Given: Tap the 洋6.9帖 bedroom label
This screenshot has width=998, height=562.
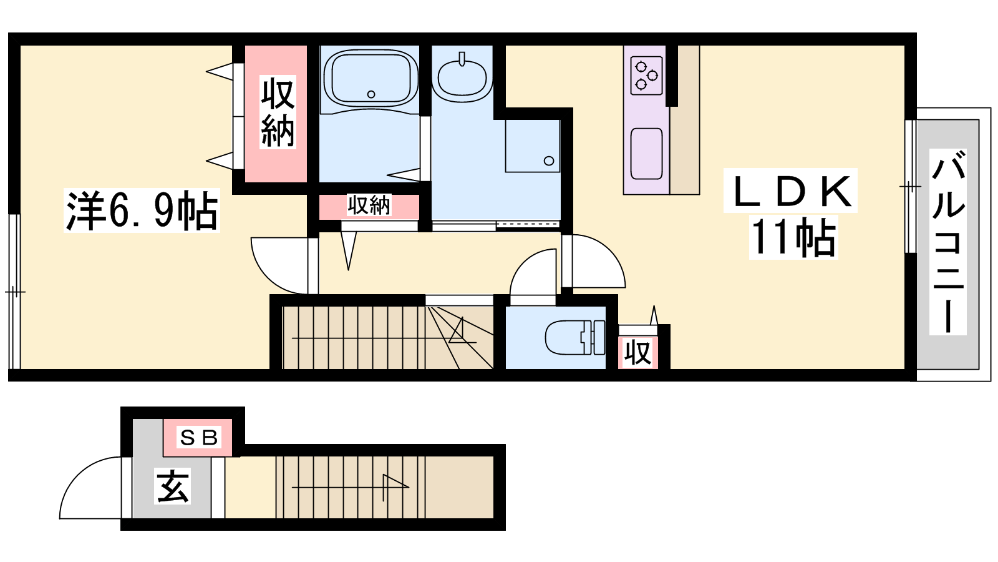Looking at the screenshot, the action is (x=142, y=210).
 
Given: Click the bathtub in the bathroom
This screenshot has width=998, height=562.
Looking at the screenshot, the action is (x=371, y=79).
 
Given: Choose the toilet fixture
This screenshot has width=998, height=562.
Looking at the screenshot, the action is (x=574, y=338).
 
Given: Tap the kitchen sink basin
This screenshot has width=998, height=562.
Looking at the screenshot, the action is (x=646, y=154).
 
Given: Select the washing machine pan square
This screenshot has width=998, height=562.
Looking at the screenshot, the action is (x=533, y=145).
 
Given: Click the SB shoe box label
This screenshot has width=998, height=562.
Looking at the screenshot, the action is (x=198, y=438).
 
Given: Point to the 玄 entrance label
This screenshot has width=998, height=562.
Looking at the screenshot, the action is (x=173, y=486).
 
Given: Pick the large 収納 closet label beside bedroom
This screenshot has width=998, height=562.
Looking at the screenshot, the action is (x=278, y=112).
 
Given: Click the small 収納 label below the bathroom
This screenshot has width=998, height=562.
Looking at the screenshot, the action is (x=369, y=205).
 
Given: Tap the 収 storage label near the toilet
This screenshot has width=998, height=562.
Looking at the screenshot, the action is (x=638, y=353).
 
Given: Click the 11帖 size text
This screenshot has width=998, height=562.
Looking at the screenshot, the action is (x=793, y=237).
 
